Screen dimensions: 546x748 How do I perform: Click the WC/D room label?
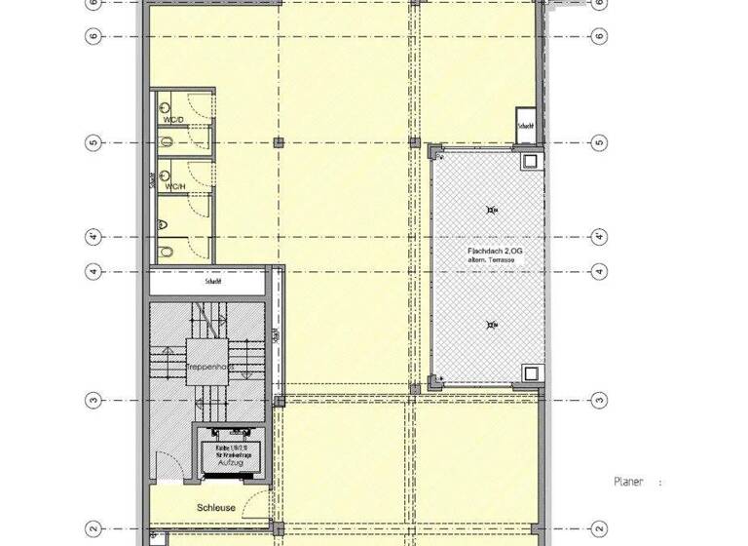tap(173, 120)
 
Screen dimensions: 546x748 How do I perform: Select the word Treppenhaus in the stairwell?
tap(206, 367)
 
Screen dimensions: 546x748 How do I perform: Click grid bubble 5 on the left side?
tap(93, 143)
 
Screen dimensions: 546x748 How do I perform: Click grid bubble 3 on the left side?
tap(93, 400)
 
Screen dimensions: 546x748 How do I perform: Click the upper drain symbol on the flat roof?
tap(491, 208)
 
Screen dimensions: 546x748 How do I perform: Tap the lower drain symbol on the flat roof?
tap(491, 324)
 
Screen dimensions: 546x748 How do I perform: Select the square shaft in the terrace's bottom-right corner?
tap(530, 372)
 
